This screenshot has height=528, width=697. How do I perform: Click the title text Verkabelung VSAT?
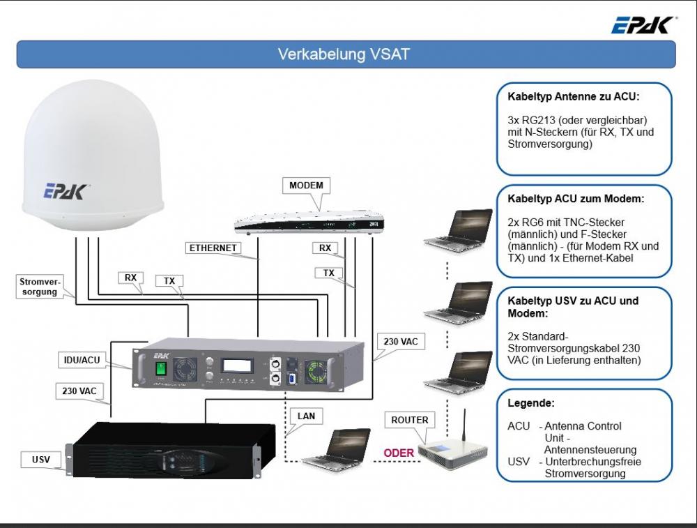[x=344, y=54]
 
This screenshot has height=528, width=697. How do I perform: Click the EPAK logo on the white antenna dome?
[x=68, y=190]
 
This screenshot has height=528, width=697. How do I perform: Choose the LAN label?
[x=306, y=416]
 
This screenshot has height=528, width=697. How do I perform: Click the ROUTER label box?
[x=409, y=420]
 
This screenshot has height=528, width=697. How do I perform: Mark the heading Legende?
[x=531, y=403]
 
